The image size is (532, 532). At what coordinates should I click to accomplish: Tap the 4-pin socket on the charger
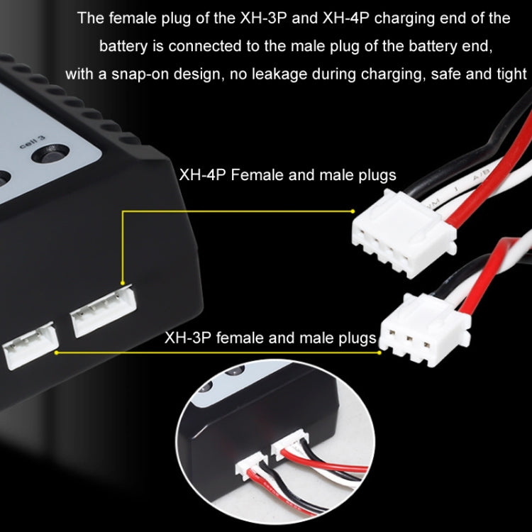click(x=102, y=308)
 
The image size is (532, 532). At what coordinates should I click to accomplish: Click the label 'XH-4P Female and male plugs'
click(x=287, y=174)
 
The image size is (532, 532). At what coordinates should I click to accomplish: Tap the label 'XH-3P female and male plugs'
click(x=270, y=338)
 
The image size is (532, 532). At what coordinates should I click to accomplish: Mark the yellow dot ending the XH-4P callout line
click(x=353, y=211)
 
